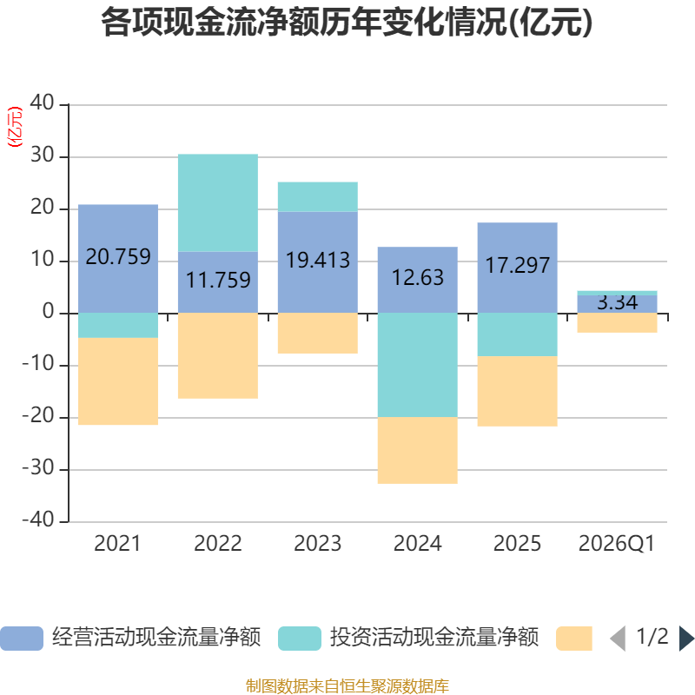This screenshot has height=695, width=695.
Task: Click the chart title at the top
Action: [347, 23]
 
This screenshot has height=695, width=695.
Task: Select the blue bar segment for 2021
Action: [118, 259]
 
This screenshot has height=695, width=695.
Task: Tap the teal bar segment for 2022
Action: [218, 203]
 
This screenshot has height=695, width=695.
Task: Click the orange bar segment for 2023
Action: [318, 334]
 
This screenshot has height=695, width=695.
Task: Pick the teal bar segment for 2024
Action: [418, 365]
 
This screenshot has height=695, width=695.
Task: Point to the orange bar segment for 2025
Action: [517, 392]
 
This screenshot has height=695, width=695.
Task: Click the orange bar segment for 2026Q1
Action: [617, 322]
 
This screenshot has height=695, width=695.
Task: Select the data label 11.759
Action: [218, 280]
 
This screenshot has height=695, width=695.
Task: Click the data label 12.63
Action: [418, 277]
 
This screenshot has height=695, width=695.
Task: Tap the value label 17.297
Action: [517, 265]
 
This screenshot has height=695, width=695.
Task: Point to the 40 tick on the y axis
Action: [42, 103]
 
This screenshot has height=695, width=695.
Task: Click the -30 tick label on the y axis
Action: [38, 467]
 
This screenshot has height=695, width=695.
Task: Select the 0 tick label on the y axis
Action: [49, 311]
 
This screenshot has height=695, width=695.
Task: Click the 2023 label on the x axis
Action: [318, 544]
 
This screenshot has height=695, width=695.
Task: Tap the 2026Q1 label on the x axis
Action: [617, 544]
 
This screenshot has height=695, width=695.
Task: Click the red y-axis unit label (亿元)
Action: [15, 127]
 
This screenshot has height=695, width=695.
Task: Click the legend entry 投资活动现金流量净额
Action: [408, 638]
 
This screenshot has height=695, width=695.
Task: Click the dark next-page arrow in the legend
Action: [686, 638]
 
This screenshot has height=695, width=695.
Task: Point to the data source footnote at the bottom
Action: [347, 685]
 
